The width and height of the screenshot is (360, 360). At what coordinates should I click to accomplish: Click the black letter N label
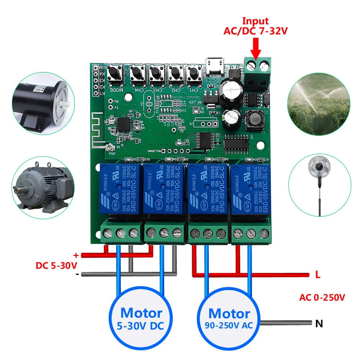319,324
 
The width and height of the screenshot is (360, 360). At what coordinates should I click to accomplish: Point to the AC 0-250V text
322,298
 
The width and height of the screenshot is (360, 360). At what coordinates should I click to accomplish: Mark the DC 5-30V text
56,266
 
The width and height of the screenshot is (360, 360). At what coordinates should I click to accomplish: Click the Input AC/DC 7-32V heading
255,26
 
